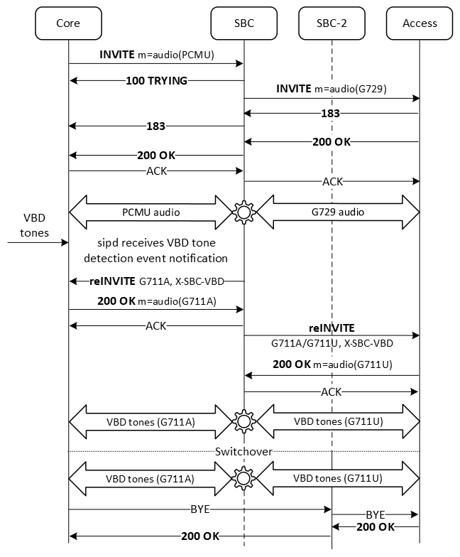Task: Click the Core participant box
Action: pos(68,23)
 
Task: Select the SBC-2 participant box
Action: pos(332,23)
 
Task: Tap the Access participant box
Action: pos(420,23)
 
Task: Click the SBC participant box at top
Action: pos(243,23)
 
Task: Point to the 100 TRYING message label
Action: pos(157,81)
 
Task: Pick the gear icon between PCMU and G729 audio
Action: pos(244,212)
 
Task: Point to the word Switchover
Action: pos(244,451)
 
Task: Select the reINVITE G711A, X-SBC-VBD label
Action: pos(157,281)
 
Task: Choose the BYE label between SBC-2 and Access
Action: pos(376,513)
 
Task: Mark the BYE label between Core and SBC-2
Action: pos(199,509)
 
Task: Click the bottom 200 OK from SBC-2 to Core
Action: pos(199,536)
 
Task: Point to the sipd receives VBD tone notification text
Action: pos(156,250)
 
